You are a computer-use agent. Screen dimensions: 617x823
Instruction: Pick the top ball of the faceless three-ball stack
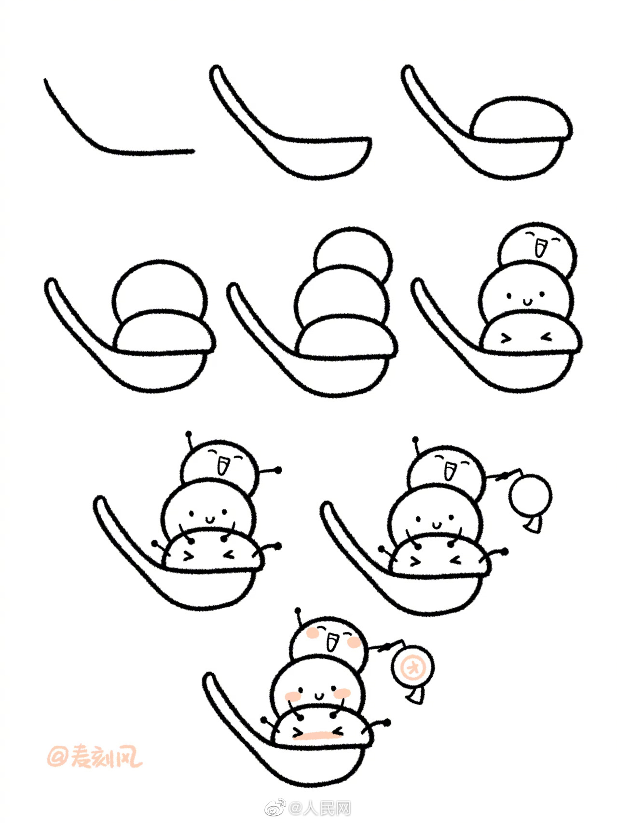(352, 253)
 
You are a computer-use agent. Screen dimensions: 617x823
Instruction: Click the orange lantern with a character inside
(412, 669)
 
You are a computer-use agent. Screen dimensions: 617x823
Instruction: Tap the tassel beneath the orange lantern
(416, 697)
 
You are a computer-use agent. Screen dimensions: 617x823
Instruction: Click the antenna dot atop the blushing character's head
(297, 611)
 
